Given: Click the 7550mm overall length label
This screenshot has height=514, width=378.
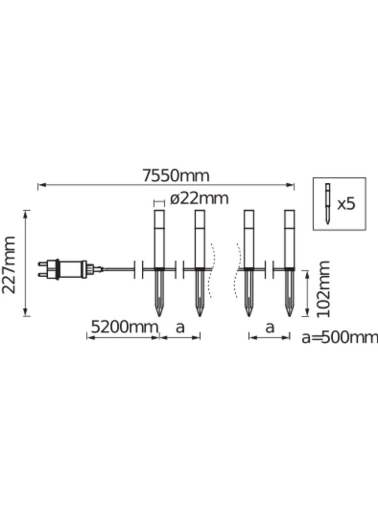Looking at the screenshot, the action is pos(175,176).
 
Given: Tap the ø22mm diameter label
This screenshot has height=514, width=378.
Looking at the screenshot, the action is pos(199,199).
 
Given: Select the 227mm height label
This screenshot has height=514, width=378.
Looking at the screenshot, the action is pos(9,265).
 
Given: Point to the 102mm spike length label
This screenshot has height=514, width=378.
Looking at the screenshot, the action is pos(323,289).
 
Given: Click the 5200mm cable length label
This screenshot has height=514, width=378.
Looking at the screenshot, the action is pos(124,327).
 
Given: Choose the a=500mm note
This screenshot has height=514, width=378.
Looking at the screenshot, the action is pos(339,338).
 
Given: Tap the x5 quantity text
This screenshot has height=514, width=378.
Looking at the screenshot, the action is pos(346,204).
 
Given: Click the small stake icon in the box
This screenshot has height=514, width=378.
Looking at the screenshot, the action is pos(327,203).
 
